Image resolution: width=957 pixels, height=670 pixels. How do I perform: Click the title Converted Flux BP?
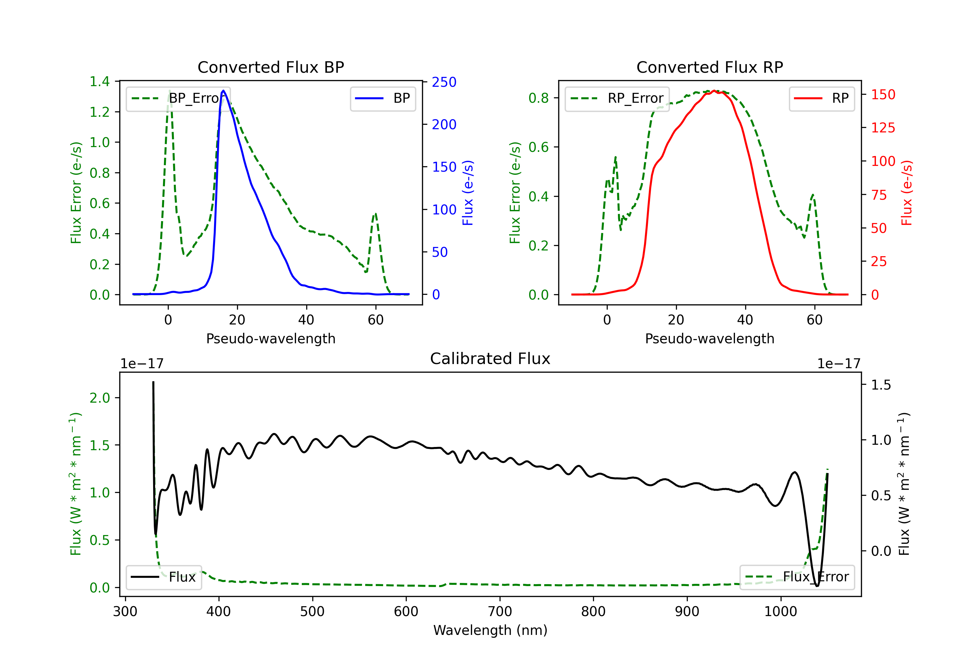(271, 67)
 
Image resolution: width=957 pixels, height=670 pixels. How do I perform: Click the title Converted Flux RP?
(710, 67)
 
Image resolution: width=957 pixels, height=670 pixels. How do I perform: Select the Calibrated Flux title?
(490, 359)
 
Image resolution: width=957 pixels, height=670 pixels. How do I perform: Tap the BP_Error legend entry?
(178, 98)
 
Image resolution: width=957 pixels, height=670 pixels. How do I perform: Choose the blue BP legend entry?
(382, 98)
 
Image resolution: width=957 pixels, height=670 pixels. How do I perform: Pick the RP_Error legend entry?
(617, 98)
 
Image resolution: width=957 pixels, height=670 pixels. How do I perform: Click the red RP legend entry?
(821, 98)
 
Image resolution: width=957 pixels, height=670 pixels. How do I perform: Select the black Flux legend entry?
(163, 577)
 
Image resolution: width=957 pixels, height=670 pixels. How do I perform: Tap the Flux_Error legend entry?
(797, 577)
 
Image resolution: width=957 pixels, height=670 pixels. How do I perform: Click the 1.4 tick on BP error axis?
(100, 82)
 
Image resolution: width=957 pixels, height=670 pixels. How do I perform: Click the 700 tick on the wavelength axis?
(500, 612)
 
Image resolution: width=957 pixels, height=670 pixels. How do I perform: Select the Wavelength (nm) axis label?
(490, 630)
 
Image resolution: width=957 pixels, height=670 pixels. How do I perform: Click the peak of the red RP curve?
(714, 91)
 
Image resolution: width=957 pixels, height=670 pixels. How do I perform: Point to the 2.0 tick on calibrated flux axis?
(100, 398)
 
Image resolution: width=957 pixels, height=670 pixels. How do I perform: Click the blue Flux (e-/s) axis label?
(468, 193)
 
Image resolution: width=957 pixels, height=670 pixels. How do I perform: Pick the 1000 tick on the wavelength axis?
(781, 612)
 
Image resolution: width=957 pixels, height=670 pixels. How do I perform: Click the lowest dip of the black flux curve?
(817, 585)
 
